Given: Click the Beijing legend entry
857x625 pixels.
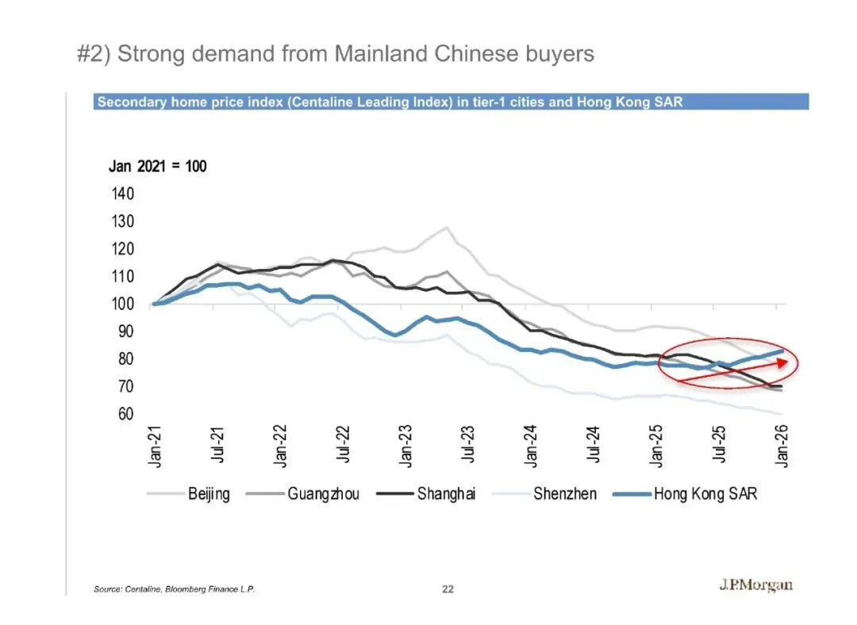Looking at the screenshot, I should [x=209, y=494].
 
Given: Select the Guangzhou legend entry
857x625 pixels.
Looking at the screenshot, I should [x=323, y=494].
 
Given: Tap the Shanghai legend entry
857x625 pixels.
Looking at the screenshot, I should [x=446, y=494].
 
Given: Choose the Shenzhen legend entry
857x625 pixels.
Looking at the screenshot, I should [x=564, y=494].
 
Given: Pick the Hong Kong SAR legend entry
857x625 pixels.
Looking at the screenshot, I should [x=705, y=494].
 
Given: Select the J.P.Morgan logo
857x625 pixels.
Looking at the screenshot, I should [x=755, y=586].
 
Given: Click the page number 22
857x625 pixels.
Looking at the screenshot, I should [x=448, y=589].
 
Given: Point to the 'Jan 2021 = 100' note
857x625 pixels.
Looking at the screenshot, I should [x=157, y=167].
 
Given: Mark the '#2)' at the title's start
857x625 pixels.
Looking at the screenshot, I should [x=94, y=54].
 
